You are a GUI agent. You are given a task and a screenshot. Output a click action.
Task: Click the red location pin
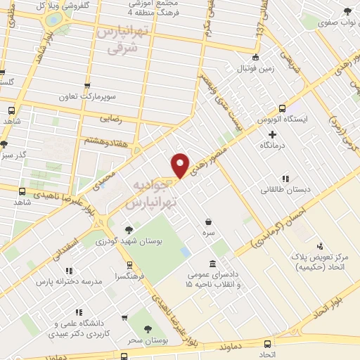(x=181, y=165)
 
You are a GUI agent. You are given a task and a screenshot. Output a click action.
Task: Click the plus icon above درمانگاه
(x=272, y=134)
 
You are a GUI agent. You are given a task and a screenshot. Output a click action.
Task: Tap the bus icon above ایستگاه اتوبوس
(x=282, y=108)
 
